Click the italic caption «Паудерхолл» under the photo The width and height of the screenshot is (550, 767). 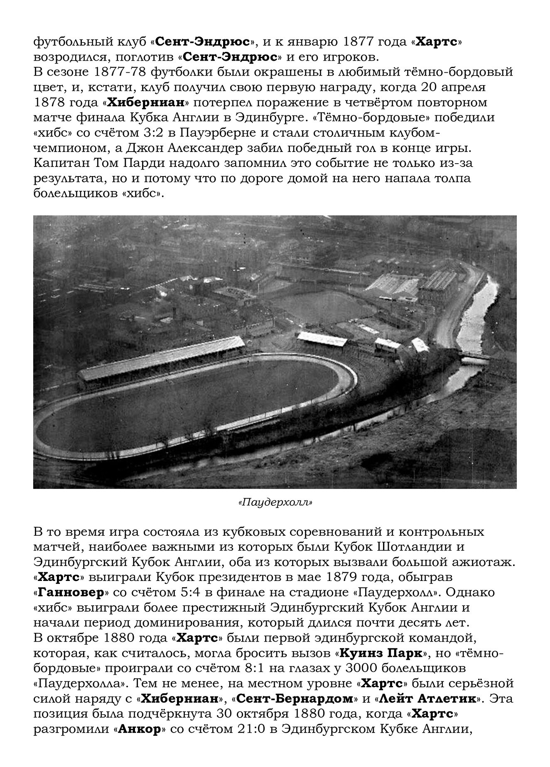tap(275, 502)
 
